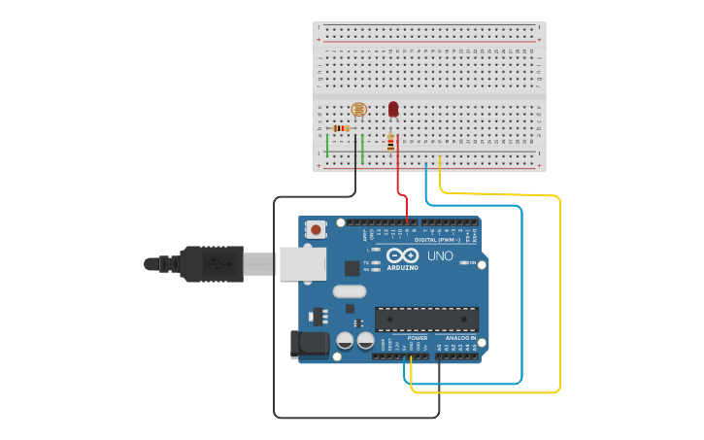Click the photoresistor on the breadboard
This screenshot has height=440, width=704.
click(x=357, y=110)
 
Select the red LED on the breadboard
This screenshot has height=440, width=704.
click(x=393, y=109)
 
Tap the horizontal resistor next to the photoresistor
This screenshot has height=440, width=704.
click(x=341, y=128)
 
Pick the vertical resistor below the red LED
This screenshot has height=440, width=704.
click(x=391, y=143)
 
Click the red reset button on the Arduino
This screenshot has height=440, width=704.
click(x=316, y=230)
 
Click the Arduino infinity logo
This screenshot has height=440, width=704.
click(x=401, y=256)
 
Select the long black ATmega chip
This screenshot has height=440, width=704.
click(x=426, y=319)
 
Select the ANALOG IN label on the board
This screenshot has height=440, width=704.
click(x=460, y=338)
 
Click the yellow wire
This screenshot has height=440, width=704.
click(x=560, y=291)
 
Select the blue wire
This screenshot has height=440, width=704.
click(x=521, y=291)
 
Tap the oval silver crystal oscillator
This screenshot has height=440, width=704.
click(x=349, y=290)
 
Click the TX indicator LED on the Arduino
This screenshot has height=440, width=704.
click(x=375, y=263)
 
